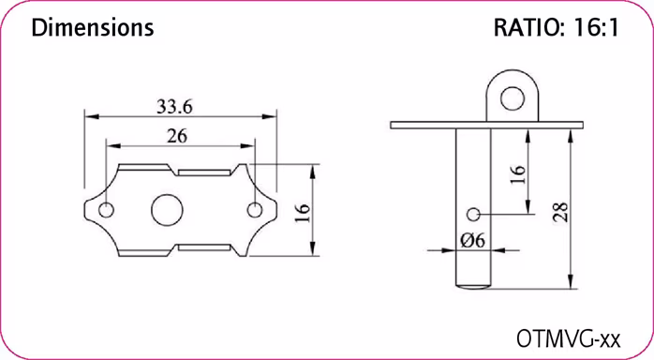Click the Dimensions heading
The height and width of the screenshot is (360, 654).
click(x=92, y=28)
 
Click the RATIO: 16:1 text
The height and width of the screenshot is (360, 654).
click(x=556, y=28)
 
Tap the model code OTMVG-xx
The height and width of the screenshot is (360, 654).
click(x=570, y=336)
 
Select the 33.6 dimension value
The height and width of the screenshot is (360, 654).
click(x=174, y=106)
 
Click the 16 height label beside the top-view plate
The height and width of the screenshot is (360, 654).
click(x=302, y=211)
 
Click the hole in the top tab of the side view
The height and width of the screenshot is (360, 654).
click(x=511, y=97)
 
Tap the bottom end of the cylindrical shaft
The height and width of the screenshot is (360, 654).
click(x=473, y=283)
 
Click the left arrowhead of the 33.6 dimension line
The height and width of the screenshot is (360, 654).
click(x=89, y=116)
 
